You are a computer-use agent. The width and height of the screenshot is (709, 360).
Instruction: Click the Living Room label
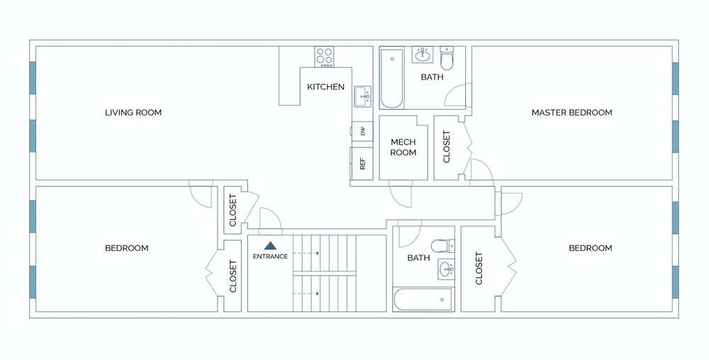point(133,113)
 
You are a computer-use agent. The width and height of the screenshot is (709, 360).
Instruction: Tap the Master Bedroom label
point(571,113)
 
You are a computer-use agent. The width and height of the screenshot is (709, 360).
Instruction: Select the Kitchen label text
point(325,87)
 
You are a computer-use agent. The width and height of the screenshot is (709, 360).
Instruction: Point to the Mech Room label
point(403,147)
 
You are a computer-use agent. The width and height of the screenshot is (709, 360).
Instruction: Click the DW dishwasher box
point(362,131)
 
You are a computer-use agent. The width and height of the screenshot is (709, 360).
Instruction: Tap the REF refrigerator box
point(362,164)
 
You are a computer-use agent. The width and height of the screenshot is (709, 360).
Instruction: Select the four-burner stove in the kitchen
point(325,57)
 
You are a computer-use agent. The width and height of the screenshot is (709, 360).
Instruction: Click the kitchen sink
point(362,95)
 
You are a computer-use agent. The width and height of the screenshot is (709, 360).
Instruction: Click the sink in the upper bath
point(424,55)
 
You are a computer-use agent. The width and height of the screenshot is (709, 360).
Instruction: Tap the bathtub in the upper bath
point(391,78)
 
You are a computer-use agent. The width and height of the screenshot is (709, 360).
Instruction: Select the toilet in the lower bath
point(444,246)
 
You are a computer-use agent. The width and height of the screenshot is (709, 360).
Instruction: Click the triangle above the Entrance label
point(270,244)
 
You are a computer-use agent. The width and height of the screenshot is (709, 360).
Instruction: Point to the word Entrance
point(270,257)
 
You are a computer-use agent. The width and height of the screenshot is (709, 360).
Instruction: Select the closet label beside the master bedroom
point(447,147)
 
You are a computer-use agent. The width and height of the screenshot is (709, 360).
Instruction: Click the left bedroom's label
point(126,248)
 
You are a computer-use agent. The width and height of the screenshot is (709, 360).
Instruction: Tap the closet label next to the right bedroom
point(479,269)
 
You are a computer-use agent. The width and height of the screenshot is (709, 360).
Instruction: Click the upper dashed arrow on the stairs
point(307,253)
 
